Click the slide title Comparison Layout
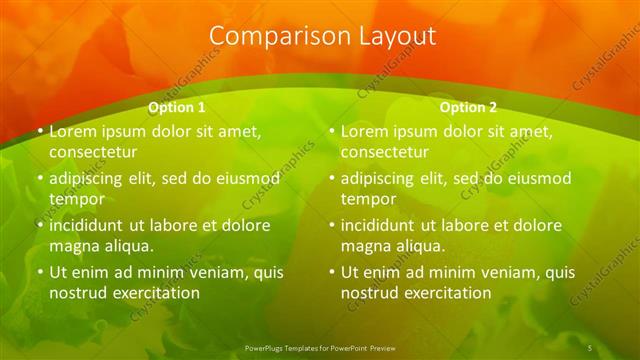point(322,36)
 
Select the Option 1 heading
point(177,107)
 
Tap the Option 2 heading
point(469,107)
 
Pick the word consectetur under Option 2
point(384,152)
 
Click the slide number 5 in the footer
point(590,347)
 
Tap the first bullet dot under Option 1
point(40,131)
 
